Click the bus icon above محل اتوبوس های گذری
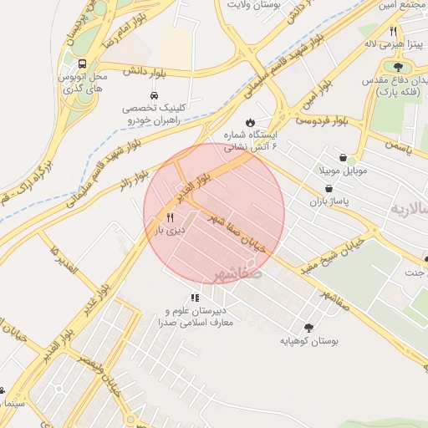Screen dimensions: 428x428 click(82, 64)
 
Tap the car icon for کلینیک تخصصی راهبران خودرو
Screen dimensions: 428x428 click(154, 95)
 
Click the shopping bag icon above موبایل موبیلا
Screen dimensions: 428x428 click(343, 157)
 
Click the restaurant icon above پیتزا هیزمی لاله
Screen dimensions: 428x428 click(393, 30)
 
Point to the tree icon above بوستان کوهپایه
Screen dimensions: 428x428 click(308, 329)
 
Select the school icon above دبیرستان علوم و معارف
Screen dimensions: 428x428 click(195, 297)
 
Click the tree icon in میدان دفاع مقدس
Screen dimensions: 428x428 click(398, 68)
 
